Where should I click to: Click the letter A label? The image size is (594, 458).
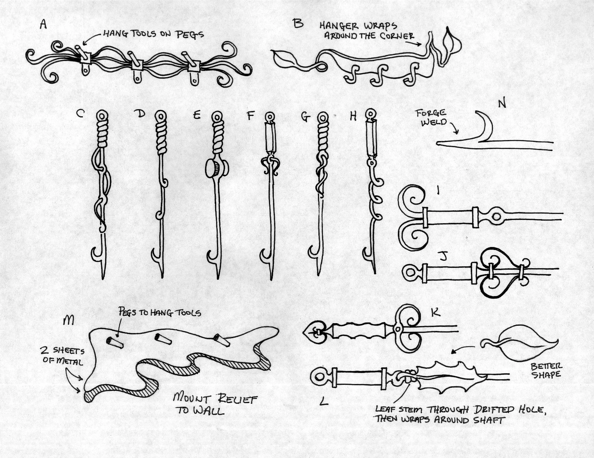(43, 25)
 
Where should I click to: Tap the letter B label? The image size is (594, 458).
(298, 24)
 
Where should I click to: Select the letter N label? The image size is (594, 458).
(502, 103)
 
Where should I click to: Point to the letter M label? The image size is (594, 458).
(68, 320)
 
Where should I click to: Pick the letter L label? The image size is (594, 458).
(324, 401)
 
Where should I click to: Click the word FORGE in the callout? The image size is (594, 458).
(431, 113)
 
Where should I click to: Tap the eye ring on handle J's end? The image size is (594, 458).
(410, 273)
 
